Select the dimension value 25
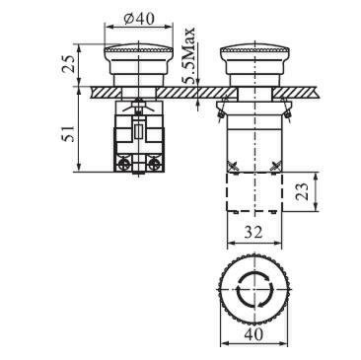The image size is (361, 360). (x=69, y=64)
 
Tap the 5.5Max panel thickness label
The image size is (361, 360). (x=189, y=55)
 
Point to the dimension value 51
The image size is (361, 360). (x=69, y=133)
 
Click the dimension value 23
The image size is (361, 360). (x=302, y=191)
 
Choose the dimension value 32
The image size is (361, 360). (x=253, y=232)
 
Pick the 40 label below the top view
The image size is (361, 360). (x=253, y=334)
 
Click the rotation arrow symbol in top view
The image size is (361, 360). (x=254, y=289)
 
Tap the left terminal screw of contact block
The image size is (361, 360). (x=124, y=163)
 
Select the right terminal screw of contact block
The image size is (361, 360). (x=153, y=163)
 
